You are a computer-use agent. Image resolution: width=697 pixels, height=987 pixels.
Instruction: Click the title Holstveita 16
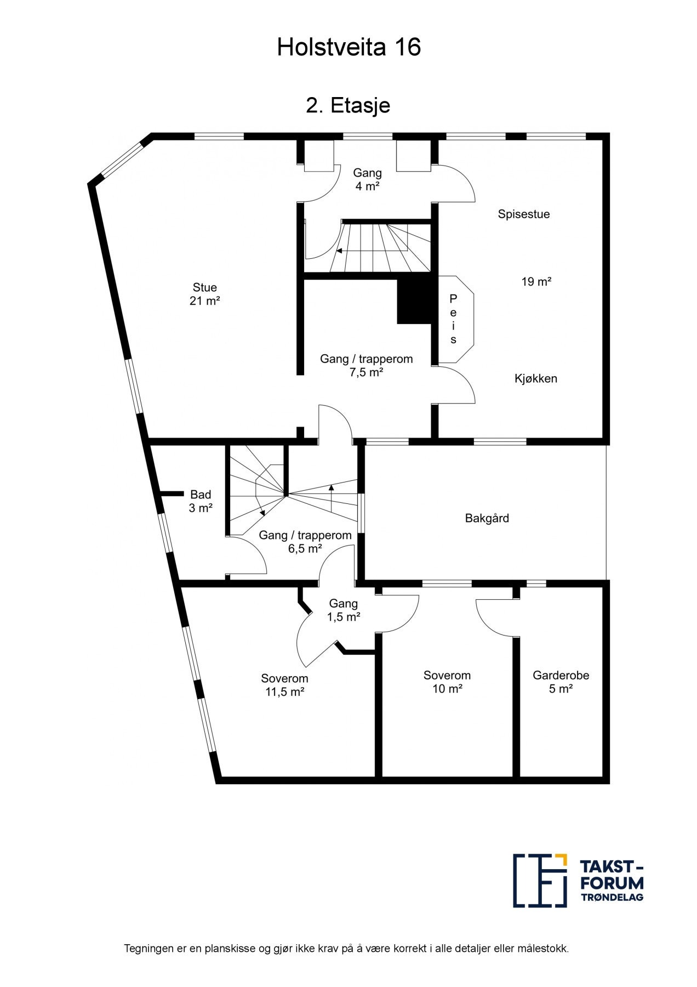pyautogui.click(x=348, y=48)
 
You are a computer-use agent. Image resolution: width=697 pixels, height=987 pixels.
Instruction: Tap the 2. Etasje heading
pyautogui.click(x=348, y=105)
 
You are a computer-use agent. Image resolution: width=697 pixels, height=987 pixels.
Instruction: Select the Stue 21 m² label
pyautogui.click(x=204, y=294)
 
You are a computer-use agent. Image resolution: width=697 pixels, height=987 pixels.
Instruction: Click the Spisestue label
pyautogui.click(x=523, y=214)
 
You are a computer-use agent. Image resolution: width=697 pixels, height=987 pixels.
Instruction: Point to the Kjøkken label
pyautogui.click(x=535, y=378)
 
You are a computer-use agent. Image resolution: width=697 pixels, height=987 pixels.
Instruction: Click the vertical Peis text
pyautogui.click(x=453, y=319)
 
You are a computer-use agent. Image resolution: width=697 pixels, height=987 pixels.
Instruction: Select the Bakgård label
pyautogui.click(x=487, y=518)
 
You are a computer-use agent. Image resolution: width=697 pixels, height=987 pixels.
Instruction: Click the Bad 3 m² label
pyautogui.click(x=201, y=501)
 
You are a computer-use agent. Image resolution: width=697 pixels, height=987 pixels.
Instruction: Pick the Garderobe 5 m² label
pyautogui.click(x=561, y=682)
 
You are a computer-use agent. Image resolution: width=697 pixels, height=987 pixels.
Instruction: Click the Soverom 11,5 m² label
pyautogui.click(x=284, y=685)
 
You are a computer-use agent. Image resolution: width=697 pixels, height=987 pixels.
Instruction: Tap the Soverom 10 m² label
pyautogui.click(x=447, y=682)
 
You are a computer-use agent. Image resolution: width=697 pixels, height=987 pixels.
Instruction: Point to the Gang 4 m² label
pyautogui.click(x=367, y=179)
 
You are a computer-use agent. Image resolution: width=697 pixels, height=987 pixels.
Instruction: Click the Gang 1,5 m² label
pyautogui.click(x=344, y=610)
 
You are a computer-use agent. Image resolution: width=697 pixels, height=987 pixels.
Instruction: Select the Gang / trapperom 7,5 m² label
pyautogui.click(x=366, y=366)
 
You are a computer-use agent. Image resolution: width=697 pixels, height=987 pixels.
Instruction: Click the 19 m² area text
pyautogui.click(x=536, y=282)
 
